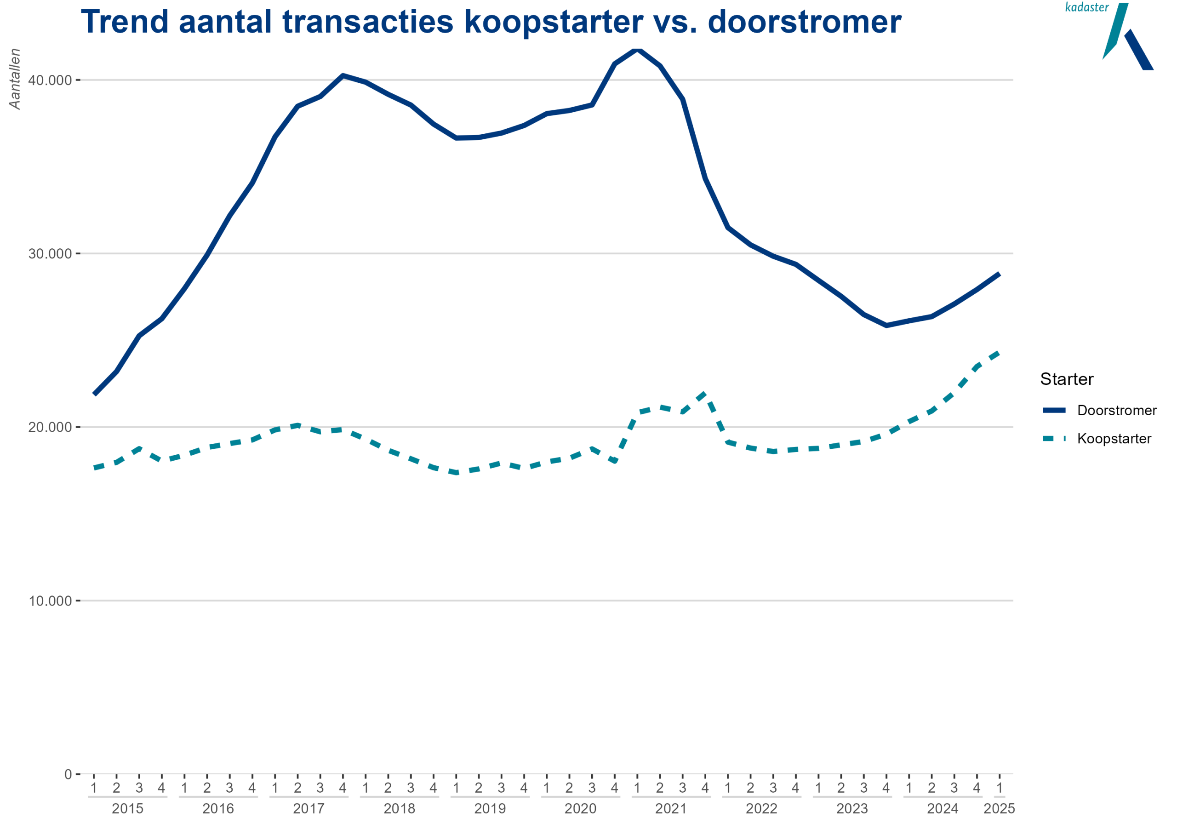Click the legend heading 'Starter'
point(1067,379)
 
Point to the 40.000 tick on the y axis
point(50,80)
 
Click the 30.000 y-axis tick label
point(50,254)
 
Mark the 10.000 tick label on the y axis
point(50,601)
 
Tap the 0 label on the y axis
point(68,774)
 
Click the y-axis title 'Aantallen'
point(15,79)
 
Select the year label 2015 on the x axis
point(128,809)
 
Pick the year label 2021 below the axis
point(670,809)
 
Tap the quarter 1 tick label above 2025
point(999,788)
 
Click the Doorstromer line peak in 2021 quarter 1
point(637,49)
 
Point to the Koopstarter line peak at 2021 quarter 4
point(705,393)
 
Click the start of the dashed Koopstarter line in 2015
point(94,468)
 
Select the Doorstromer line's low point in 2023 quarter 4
point(886,325)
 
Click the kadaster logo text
point(1087,7)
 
